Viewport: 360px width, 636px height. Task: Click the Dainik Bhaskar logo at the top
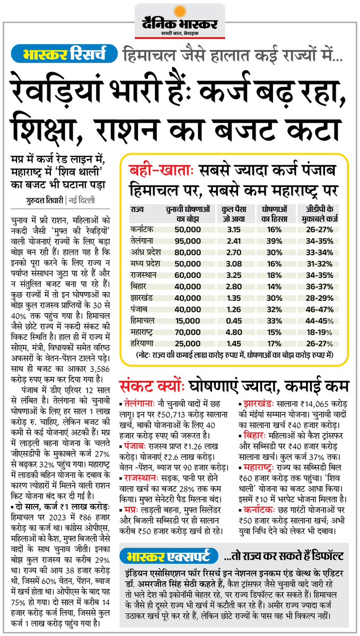[180, 21]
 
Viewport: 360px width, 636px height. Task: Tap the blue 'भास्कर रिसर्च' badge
[65, 54]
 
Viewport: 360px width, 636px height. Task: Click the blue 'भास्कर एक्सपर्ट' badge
[169, 557]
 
